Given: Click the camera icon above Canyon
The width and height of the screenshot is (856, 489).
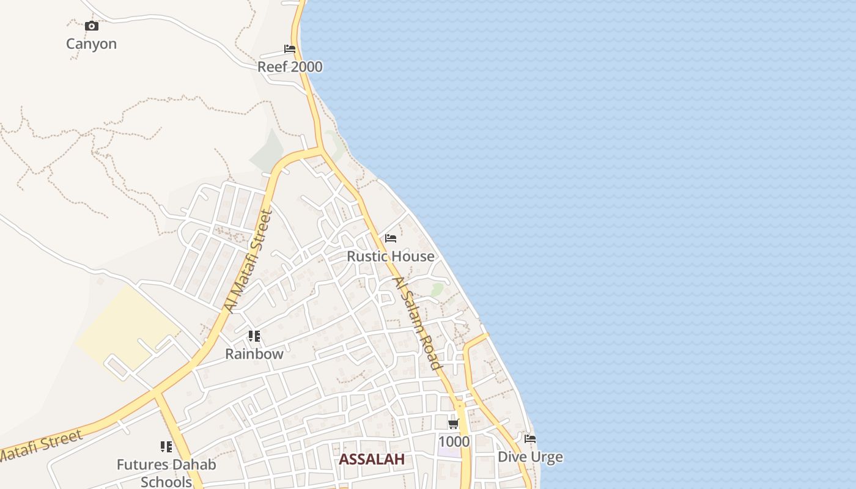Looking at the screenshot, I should coord(92,26).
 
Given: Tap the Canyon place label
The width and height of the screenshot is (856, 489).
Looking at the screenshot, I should coord(91,44).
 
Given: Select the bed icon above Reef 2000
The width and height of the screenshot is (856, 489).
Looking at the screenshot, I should coord(290,49).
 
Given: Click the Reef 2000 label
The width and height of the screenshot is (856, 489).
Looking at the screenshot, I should coord(290,67).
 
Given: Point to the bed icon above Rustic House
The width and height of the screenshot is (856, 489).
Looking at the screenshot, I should coord(391,238).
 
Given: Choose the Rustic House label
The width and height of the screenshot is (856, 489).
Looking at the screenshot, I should coord(391,256).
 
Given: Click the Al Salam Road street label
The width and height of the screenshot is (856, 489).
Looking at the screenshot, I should coord(417,323).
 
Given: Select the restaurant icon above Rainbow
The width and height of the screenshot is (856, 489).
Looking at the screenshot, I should coord(254,336).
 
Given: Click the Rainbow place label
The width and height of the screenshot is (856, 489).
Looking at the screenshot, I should coord(254,354).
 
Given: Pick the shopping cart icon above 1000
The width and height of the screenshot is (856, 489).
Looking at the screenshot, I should coord(453,424).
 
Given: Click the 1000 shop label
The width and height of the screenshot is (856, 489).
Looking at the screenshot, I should coord(454,441).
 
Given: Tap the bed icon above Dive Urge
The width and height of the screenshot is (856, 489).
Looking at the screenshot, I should coord(530,439).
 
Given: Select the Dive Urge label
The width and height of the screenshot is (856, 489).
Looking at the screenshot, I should coord(530,457).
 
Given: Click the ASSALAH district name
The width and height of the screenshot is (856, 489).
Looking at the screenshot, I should coord(372,460).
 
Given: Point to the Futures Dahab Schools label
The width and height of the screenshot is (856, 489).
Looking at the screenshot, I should coord(166,473).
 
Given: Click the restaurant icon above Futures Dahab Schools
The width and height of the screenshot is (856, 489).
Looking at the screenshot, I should coord(166,447).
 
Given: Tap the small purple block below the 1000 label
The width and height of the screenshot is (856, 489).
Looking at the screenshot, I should coord(449,453).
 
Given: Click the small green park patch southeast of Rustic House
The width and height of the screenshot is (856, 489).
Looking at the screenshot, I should coord(437,289).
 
